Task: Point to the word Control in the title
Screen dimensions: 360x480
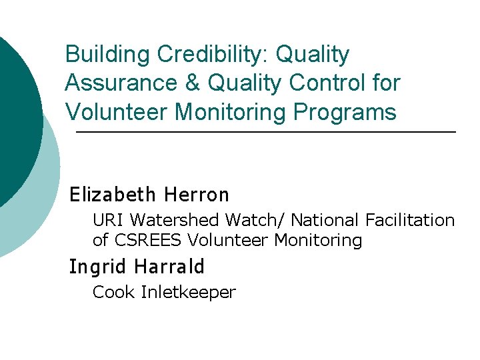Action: tap(326, 83)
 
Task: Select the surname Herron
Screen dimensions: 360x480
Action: tap(197, 195)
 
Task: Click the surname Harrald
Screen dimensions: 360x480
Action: tap(169, 267)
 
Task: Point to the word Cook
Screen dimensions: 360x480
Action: tap(114, 292)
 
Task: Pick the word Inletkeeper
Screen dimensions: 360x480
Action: tap(189, 292)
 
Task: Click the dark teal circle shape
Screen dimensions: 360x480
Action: tap(17, 120)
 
